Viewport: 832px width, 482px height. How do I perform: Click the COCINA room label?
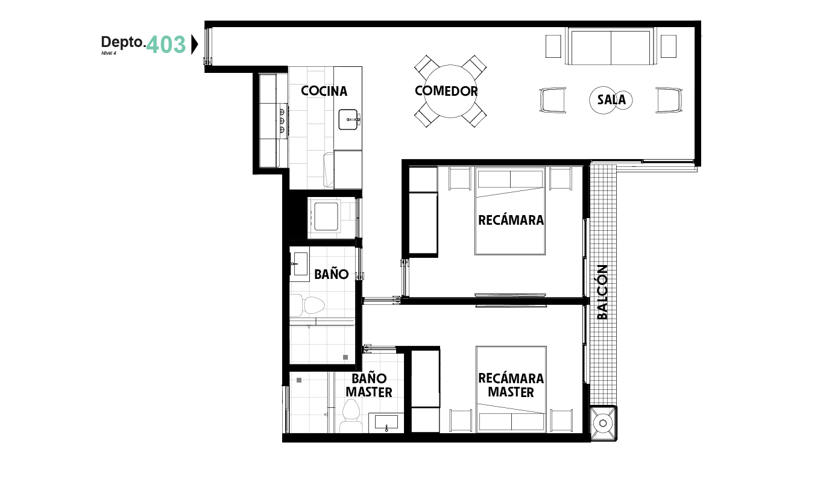(x=324, y=91)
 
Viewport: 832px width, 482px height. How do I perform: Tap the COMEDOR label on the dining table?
(x=446, y=91)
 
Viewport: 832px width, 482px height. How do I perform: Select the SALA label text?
(x=611, y=99)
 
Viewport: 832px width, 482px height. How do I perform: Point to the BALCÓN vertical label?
(x=602, y=292)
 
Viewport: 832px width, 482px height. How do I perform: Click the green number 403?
(x=166, y=45)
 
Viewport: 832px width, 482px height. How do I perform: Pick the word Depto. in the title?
(x=123, y=42)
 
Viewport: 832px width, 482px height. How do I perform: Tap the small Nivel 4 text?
(x=109, y=53)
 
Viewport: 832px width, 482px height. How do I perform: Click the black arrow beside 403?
(x=194, y=45)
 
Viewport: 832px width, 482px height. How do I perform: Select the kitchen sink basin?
(x=348, y=119)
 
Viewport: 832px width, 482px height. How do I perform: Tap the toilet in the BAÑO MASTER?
(x=351, y=416)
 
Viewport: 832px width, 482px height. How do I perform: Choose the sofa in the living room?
(x=611, y=46)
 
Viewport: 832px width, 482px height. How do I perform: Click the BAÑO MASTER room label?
(x=369, y=385)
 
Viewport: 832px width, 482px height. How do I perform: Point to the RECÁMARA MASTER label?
(x=511, y=385)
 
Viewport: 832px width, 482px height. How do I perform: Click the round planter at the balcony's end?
(x=603, y=423)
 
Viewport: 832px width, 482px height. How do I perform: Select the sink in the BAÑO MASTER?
(x=386, y=422)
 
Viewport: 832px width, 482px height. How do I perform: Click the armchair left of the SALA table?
(x=553, y=100)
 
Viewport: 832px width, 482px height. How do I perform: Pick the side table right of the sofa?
(x=669, y=46)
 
